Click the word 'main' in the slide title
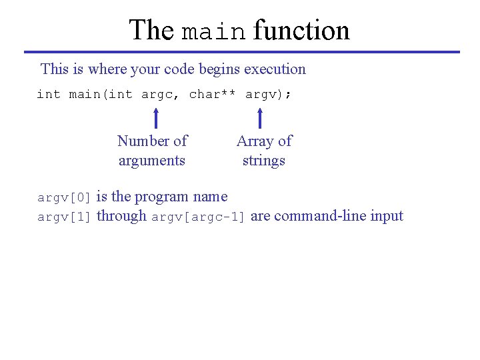coord(214,31)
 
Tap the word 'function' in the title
coord(301,31)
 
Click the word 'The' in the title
coord(151,31)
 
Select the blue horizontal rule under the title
coord(241,52)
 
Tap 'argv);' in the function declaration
coord(268,95)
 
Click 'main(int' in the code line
coord(101,95)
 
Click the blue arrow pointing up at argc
coord(155,118)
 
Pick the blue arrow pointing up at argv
coord(260,118)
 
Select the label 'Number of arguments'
coord(152,151)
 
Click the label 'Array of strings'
coord(264,151)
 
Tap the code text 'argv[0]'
coord(64,198)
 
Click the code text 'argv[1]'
coord(64,217)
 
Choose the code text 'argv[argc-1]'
coord(199,217)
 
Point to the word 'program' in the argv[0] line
coord(162,197)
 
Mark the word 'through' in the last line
coord(121,216)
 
